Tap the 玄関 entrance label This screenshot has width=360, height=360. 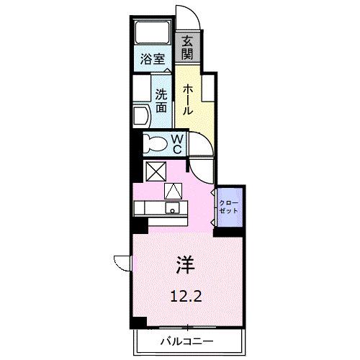point(187,48)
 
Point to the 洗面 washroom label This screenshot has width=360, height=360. point(161,99)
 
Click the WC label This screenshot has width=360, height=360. point(177,143)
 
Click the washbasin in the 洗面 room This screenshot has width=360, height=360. point(141,115)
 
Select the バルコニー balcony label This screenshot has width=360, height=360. point(186,342)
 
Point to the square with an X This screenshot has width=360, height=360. point(155,171)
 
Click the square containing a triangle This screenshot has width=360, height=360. point(174,192)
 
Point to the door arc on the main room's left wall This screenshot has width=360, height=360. point(122,263)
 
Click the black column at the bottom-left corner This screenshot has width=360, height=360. point(135,319)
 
